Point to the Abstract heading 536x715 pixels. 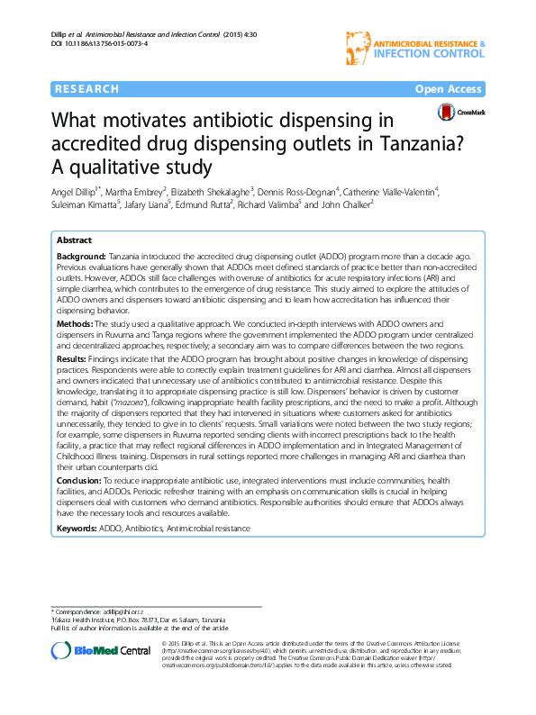(x=74, y=241)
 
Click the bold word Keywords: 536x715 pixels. (x=77, y=528)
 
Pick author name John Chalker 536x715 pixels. (x=346, y=204)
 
